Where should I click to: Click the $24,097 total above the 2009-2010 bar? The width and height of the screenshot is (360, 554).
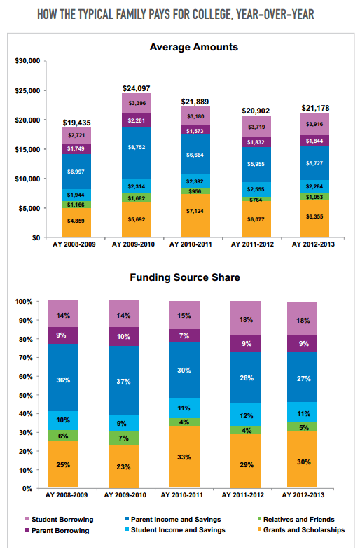[x=137, y=88]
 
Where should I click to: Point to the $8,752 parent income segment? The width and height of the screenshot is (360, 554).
[x=137, y=148]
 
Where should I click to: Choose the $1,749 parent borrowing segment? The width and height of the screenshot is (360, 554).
[x=76, y=148]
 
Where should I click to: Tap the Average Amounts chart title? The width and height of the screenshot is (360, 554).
[x=194, y=47]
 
